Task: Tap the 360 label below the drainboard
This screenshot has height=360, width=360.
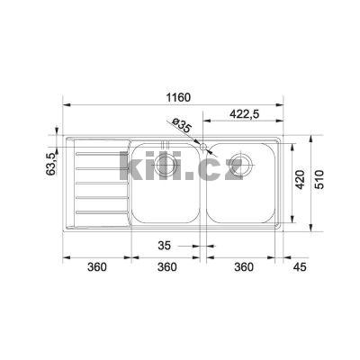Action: pyautogui.click(x=96, y=267)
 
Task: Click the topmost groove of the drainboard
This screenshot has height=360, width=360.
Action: pyautogui.click(x=97, y=153)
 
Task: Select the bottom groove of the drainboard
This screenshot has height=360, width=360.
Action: pyautogui.click(x=97, y=212)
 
